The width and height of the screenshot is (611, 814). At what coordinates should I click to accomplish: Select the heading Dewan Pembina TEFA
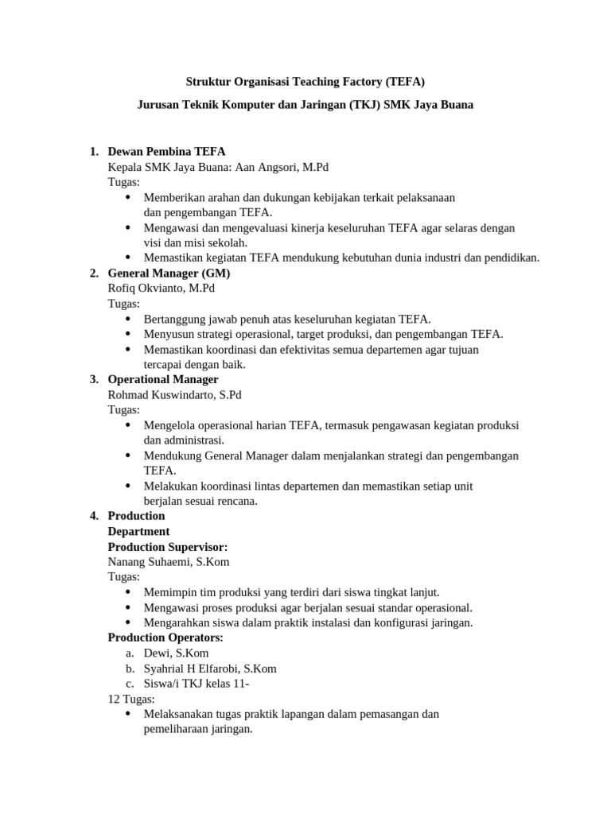(x=166, y=152)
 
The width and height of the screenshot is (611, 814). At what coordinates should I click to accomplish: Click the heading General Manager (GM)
(x=169, y=273)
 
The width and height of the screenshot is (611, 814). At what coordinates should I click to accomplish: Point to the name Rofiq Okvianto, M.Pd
(x=161, y=289)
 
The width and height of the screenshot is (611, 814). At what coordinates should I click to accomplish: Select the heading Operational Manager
(x=163, y=379)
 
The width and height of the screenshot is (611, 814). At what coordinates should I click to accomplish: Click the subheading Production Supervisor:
(x=167, y=547)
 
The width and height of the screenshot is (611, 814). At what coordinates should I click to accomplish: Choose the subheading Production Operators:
(x=165, y=638)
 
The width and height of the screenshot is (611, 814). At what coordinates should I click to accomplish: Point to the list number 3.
(x=94, y=379)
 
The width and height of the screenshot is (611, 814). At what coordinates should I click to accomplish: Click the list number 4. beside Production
(x=94, y=516)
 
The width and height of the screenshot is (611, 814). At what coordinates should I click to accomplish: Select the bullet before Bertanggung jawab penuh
(x=130, y=319)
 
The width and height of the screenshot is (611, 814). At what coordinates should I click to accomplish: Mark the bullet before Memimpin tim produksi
(x=130, y=592)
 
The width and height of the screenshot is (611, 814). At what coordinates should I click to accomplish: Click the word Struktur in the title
(x=207, y=81)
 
